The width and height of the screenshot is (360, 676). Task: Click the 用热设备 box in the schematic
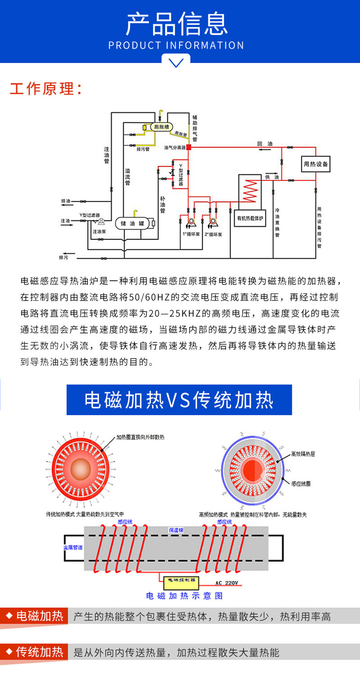coord(315,164)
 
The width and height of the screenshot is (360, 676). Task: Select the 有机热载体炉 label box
coord(250,217)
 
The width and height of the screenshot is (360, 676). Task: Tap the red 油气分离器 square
coord(189,147)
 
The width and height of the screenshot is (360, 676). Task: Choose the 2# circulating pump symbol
coord(214,222)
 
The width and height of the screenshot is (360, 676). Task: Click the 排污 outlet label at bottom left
coord(63,258)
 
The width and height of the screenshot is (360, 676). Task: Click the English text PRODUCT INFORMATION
coord(176,46)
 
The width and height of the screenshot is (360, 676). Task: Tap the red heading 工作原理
coord(46,89)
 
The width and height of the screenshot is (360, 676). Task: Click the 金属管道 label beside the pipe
coord(72,547)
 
